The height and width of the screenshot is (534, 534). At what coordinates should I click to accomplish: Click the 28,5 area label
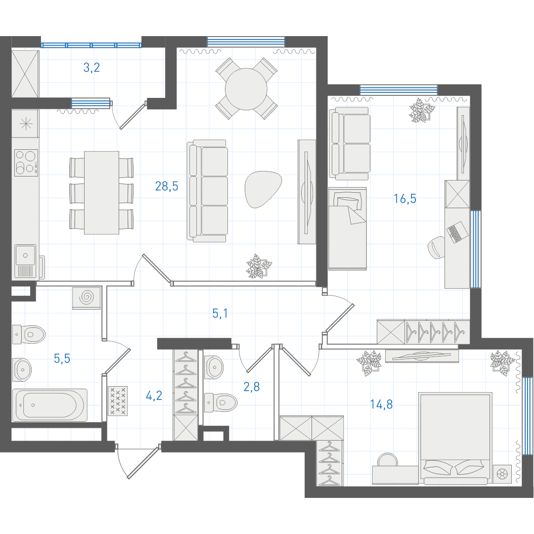tap(167, 186)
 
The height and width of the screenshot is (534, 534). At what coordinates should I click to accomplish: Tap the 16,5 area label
tap(405, 198)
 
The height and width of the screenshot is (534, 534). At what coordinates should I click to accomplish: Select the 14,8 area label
tap(381, 404)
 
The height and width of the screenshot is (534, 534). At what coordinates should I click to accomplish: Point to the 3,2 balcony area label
tap(91, 67)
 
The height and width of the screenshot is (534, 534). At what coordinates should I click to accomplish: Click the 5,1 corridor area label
tap(220, 313)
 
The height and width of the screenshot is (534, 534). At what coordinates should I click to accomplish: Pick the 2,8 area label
tap(252, 387)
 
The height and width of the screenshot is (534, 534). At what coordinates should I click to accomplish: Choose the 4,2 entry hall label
tap(154, 396)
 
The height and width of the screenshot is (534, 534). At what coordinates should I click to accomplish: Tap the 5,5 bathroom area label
tap(62, 358)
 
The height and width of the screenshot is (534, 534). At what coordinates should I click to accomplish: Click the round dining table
tap(246, 89)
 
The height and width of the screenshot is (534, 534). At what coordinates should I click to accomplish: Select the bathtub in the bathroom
tap(50, 405)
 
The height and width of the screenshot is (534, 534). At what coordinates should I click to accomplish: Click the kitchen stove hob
tap(26, 163)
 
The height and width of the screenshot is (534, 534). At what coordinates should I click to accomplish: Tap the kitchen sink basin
tap(25, 255)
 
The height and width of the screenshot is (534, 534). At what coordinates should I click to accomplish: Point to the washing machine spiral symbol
tap(87, 298)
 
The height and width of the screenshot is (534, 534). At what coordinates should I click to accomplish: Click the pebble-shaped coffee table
tap(263, 189)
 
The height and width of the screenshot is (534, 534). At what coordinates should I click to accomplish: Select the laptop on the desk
tap(457, 232)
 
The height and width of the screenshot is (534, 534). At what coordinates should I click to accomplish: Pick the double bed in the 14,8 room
tap(455, 439)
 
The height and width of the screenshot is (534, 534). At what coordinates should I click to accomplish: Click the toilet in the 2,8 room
tap(221, 403)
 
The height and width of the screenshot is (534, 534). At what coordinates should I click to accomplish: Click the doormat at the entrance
tap(118, 401)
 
